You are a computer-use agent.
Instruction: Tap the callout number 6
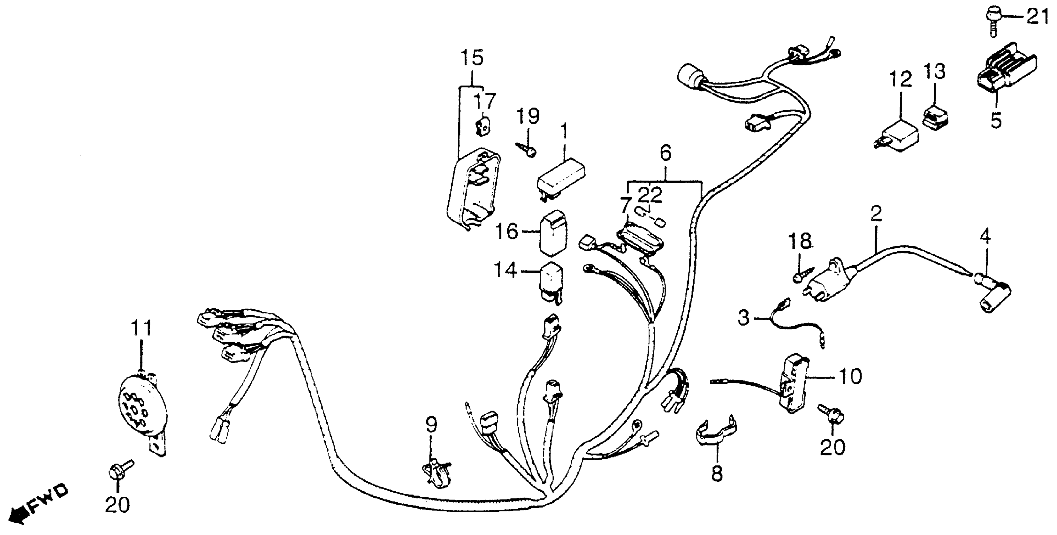tap(665, 154)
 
